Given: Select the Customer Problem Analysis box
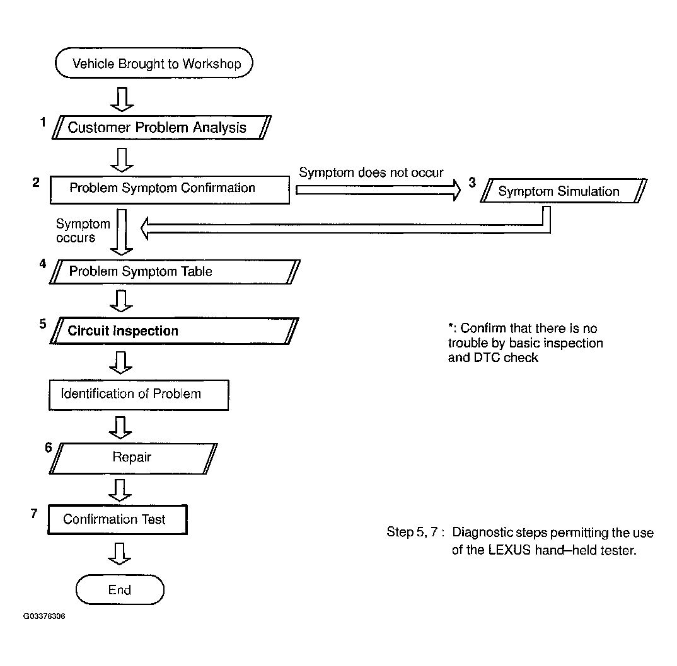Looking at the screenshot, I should [x=158, y=128].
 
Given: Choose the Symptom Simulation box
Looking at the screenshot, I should [x=560, y=191].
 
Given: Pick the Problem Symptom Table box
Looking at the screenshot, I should [x=174, y=272].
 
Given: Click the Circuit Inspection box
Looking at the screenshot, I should [x=174, y=331].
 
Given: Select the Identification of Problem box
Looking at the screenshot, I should [x=139, y=395].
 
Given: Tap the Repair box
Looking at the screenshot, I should [x=132, y=458].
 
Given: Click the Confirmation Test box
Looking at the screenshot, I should [x=117, y=520].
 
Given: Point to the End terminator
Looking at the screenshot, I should [x=120, y=590].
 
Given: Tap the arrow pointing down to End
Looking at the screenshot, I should [x=120, y=553].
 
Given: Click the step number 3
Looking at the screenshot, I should [x=472, y=183].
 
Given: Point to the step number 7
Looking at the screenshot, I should [x=34, y=512].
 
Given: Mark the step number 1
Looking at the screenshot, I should [x=43, y=122].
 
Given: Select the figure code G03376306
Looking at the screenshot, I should [x=44, y=616].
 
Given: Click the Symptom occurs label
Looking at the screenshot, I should [x=82, y=230].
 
